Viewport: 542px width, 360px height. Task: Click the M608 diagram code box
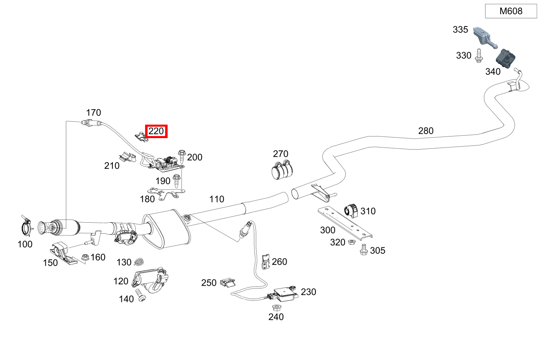click(511, 11)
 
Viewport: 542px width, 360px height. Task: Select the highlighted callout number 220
click(156, 131)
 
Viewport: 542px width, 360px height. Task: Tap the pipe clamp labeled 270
click(282, 169)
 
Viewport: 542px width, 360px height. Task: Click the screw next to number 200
click(182, 156)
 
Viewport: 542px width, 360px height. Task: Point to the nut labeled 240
click(277, 308)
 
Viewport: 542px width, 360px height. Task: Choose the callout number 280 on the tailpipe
click(426, 131)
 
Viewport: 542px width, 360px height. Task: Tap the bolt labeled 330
click(479, 56)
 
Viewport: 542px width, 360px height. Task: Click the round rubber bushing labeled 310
click(351, 211)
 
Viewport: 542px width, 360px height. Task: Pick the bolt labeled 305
click(363, 250)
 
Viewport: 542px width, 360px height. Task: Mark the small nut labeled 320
click(352, 241)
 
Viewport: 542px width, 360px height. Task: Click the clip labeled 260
click(266, 262)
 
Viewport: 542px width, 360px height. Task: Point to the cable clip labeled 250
click(228, 283)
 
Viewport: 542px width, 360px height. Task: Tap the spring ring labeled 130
click(139, 262)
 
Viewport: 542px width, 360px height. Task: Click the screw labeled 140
click(141, 295)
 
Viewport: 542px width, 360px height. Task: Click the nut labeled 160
click(85, 257)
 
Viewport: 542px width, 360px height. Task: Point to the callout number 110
click(217, 199)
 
